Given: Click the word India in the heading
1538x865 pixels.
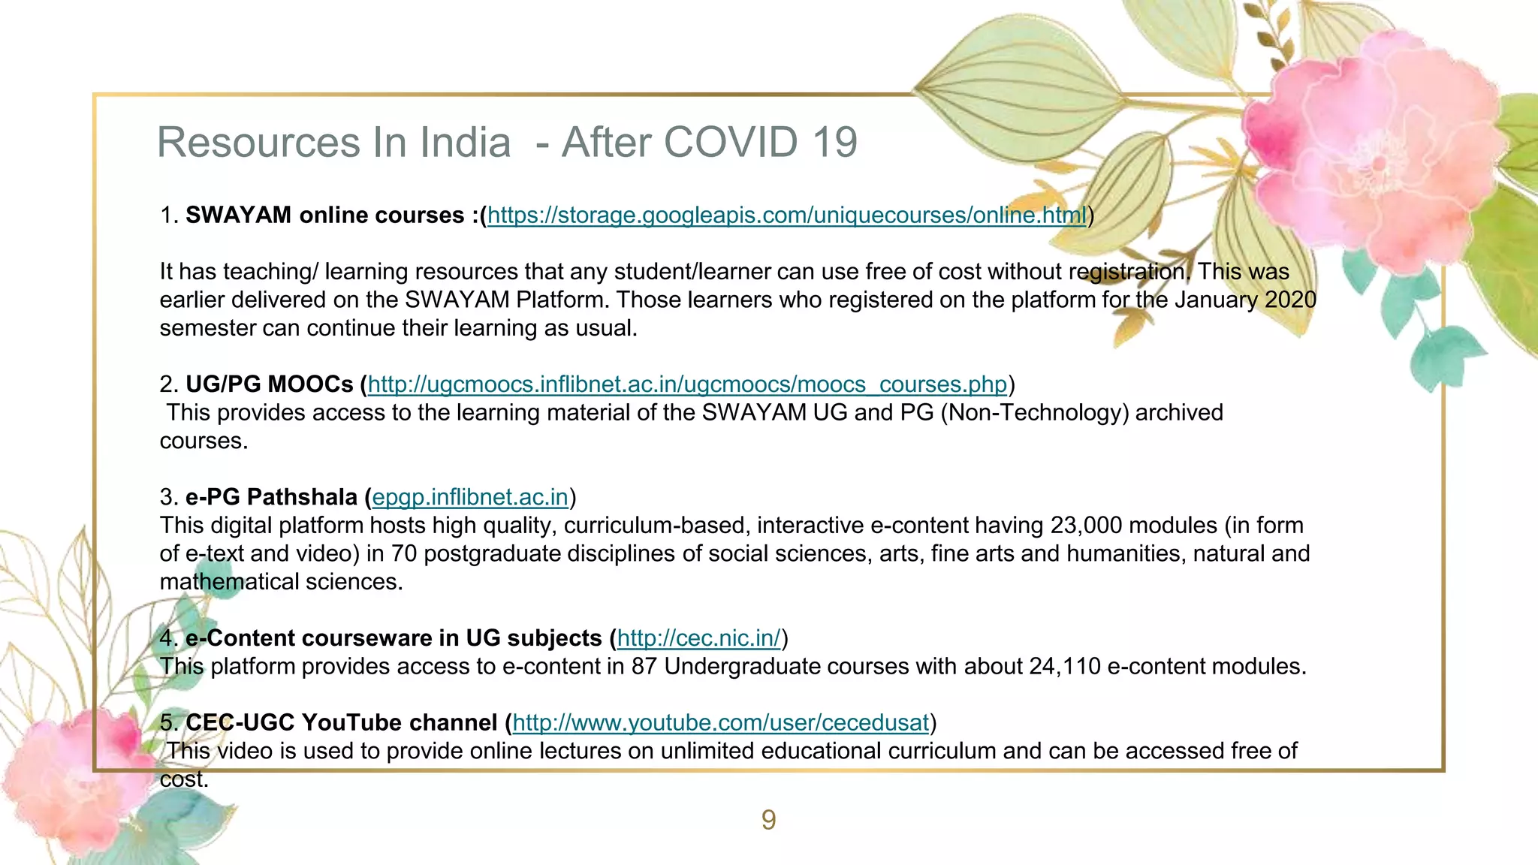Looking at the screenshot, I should point(465,142).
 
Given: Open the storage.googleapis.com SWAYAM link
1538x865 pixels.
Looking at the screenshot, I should point(786,215).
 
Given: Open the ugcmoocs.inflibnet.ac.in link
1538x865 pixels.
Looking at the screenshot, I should point(687,384).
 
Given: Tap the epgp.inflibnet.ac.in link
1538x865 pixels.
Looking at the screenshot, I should point(470,497).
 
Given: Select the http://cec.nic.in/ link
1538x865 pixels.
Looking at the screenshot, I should point(699,638).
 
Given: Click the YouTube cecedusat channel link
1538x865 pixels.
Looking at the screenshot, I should point(721,722).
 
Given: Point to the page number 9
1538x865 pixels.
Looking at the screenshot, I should point(768,820).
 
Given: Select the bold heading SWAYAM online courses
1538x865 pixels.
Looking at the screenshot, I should point(324,215).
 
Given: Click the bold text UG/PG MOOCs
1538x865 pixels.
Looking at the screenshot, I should point(270,384).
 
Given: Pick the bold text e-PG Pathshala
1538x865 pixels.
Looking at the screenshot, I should point(271,497).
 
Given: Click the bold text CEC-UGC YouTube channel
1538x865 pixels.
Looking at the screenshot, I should point(341,722).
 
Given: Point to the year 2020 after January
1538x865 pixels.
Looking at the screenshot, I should point(1290,300).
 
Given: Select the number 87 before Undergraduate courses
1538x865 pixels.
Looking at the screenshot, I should point(644,666).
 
